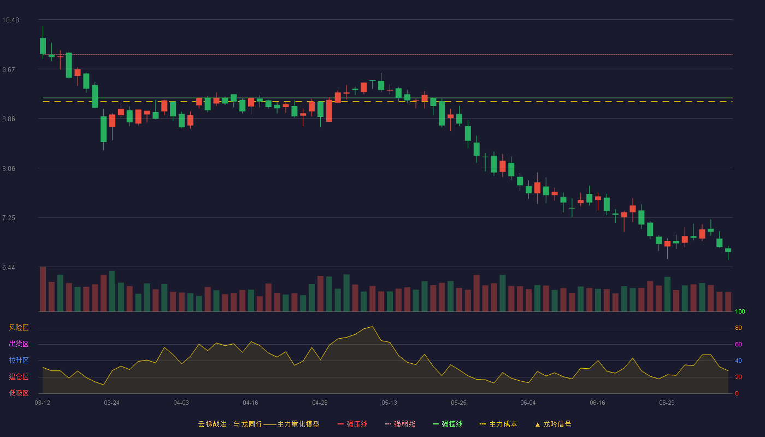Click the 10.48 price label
pos(10,20)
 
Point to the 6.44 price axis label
pos(9,268)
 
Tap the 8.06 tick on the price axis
pos(9,169)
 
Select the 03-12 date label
pos(43,403)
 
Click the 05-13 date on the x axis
pos(389,403)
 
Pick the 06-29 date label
pos(667,403)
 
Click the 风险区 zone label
pos(19,328)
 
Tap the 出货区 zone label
pos(19,344)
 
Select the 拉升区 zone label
pos(19,360)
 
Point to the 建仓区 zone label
pos(19,376)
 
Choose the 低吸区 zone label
pos(19,393)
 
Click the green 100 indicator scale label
pos(740,311)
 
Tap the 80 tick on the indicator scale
pos(738,328)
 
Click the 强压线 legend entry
pos(352,424)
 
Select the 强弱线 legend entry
pos(400,424)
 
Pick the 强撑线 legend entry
pos(448,424)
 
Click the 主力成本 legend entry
pos(498,424)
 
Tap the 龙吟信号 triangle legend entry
pos(553,424)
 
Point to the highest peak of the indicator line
pos(372,327)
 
